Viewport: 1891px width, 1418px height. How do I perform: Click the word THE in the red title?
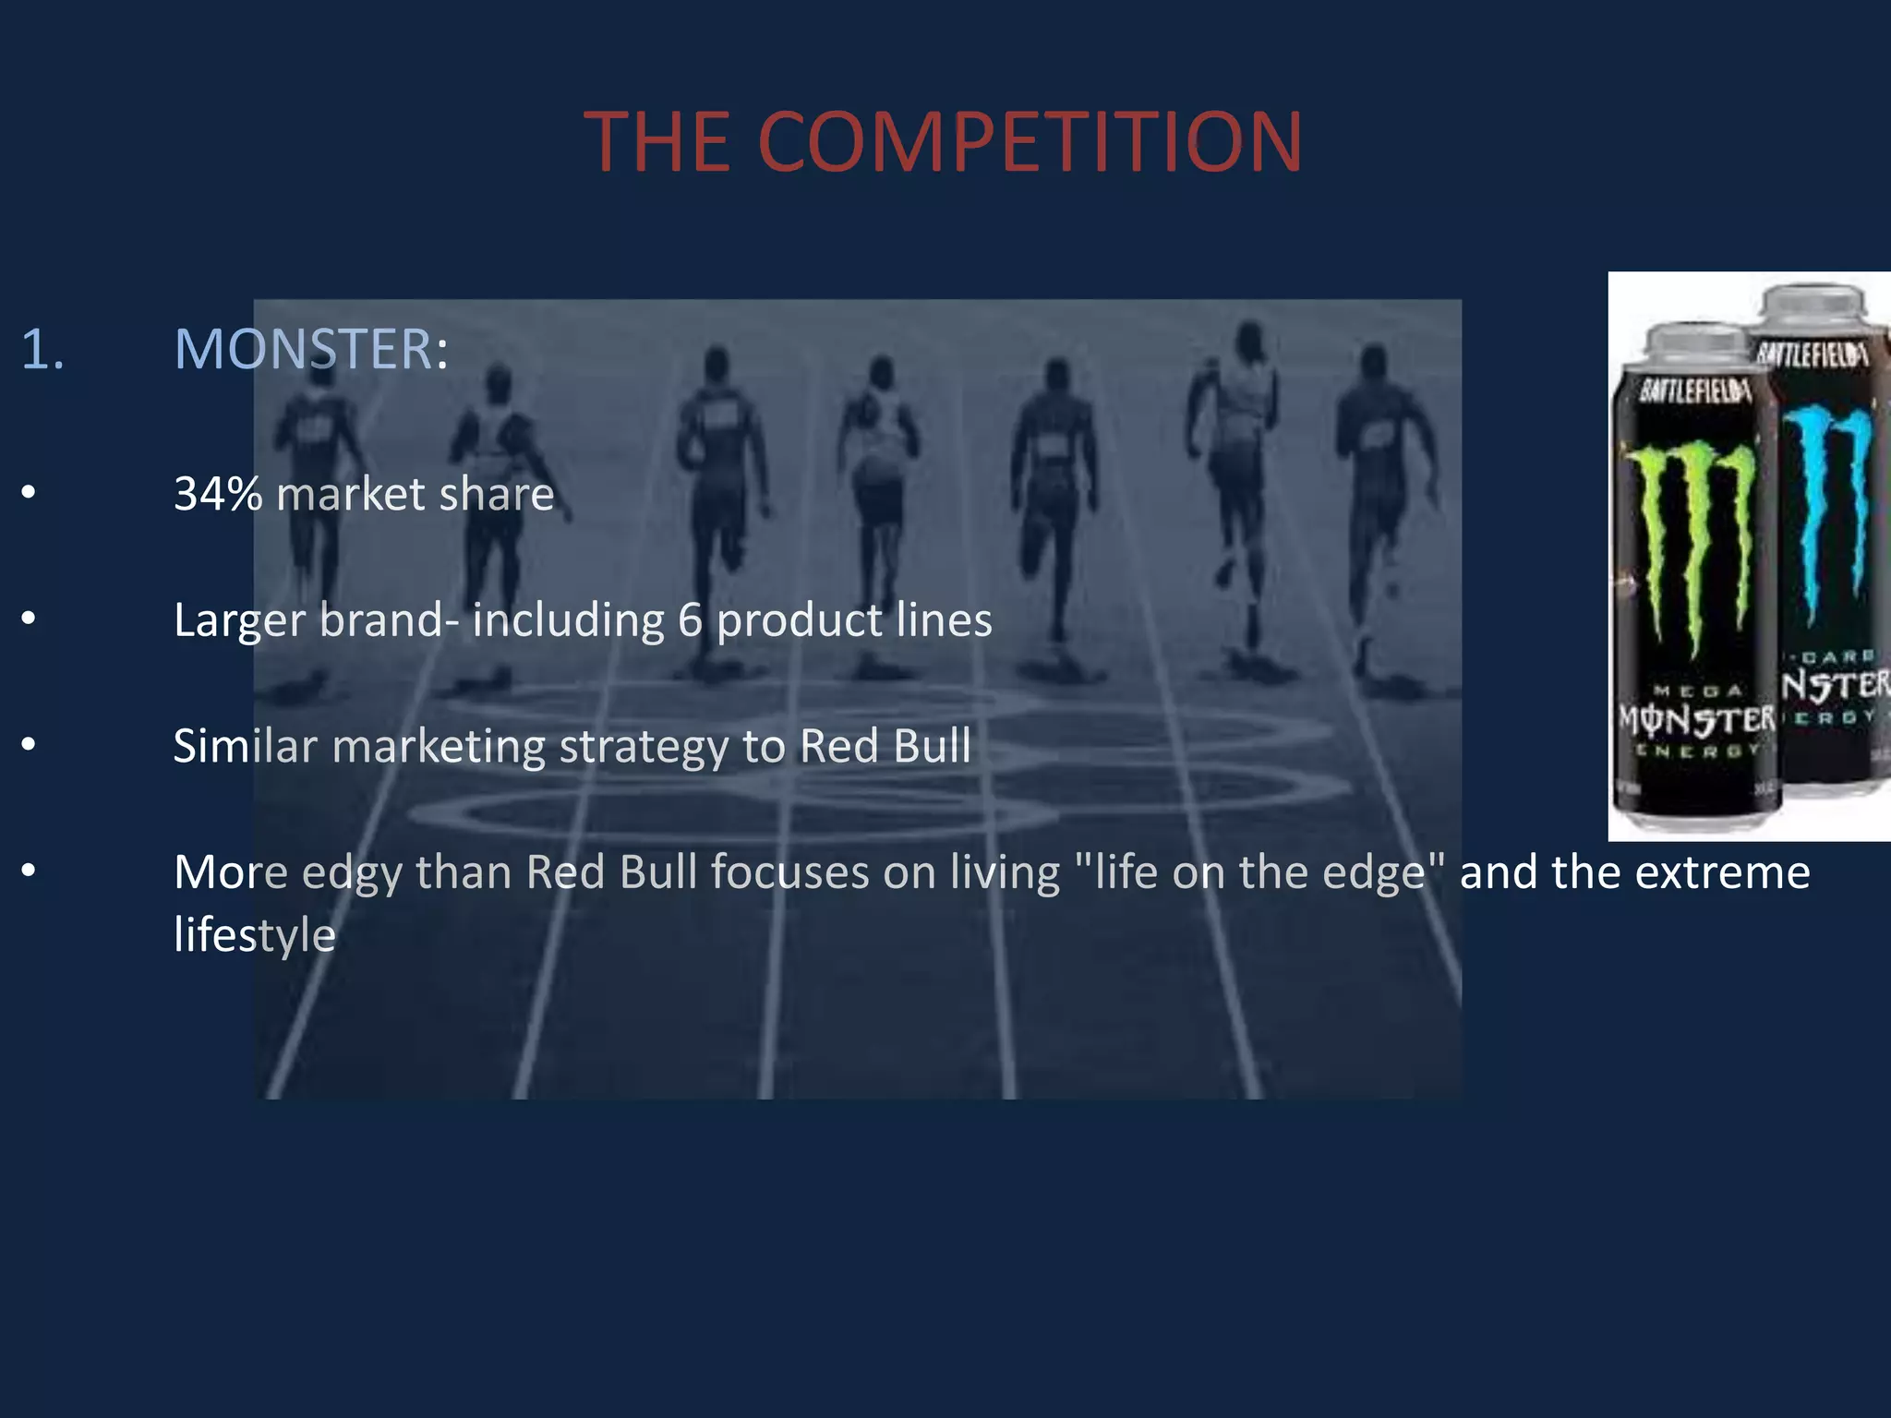point(656,142)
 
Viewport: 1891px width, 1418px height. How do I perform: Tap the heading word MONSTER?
point(310,350)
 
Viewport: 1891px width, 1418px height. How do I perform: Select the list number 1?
point(42,350)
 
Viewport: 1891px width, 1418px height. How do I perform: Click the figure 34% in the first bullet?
point(218,494)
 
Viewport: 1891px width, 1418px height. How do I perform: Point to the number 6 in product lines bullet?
point(690,620)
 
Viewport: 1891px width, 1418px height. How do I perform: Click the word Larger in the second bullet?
point(239,620)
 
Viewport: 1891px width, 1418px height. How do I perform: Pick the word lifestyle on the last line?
point(255,935)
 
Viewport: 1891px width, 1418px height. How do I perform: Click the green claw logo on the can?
point(1690,545)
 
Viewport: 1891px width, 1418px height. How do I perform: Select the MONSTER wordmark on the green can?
point(1697,718)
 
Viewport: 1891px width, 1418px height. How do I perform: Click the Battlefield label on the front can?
point(1695,391)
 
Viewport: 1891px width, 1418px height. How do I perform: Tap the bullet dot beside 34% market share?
point(29,492)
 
